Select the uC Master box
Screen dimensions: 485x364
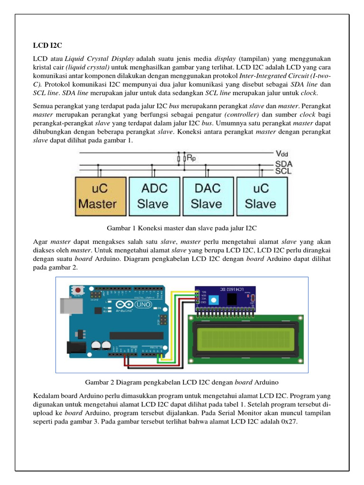pos(98,196)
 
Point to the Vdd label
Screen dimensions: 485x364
pos(282,154)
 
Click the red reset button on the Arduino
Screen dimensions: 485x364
pos(76,289)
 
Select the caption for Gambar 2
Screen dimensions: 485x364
pos(182,382)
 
